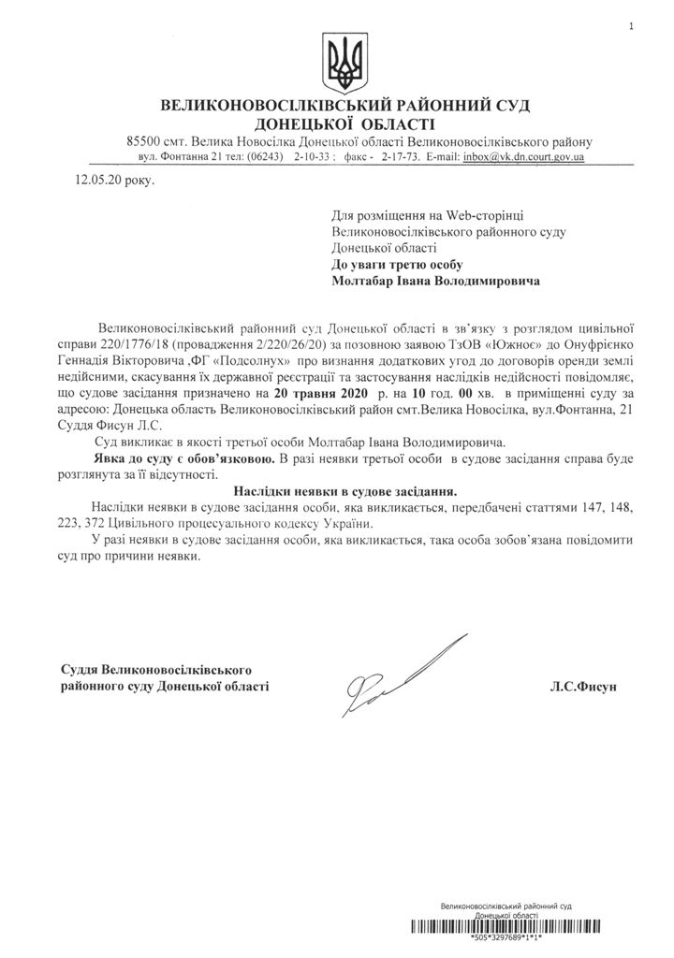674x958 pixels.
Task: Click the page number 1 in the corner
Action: click(632, 27)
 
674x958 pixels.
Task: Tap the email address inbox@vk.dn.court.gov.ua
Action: click(524, 157)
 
